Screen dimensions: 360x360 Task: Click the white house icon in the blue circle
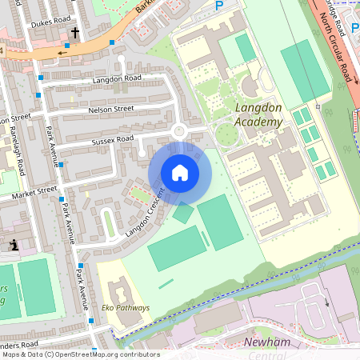[180, 173]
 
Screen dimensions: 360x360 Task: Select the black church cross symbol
[76, 34]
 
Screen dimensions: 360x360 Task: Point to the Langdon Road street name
[116, 78]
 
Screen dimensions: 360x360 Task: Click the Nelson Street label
[110, 108]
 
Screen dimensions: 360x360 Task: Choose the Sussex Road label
[114, 139]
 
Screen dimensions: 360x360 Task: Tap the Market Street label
[34, 191]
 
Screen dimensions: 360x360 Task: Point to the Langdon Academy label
[259, 114]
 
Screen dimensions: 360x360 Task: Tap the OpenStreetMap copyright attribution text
[81, 354]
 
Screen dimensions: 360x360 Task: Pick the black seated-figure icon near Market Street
[14, 245]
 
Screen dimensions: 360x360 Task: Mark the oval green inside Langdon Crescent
[110, 224]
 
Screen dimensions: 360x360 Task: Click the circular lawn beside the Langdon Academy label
[226, 135]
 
